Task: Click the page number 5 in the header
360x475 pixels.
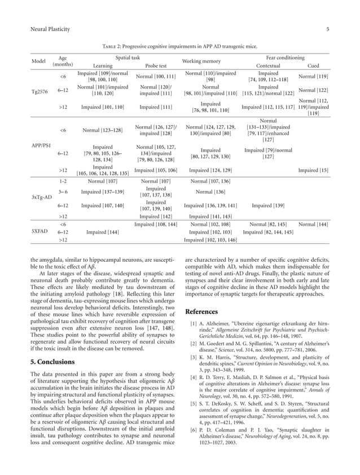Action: pos(327,29)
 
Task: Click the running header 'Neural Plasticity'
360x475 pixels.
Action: pos(50,29)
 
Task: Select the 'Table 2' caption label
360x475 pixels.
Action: pos(112,46)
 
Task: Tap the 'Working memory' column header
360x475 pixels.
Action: pos(201,61)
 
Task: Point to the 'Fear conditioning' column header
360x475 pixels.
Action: pos(285,58)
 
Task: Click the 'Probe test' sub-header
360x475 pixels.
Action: pos(156,65)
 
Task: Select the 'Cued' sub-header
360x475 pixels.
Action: pos(313,65)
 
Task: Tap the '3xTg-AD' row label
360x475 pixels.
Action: pos(41,197)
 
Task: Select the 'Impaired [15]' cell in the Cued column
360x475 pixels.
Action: pos(313,170)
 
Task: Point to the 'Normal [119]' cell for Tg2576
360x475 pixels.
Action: pos(313,76)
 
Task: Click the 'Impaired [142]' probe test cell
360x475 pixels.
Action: pos(156,216)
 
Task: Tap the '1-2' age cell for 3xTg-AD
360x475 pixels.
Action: pos(63,181)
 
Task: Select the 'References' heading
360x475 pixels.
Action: pos(201,311)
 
